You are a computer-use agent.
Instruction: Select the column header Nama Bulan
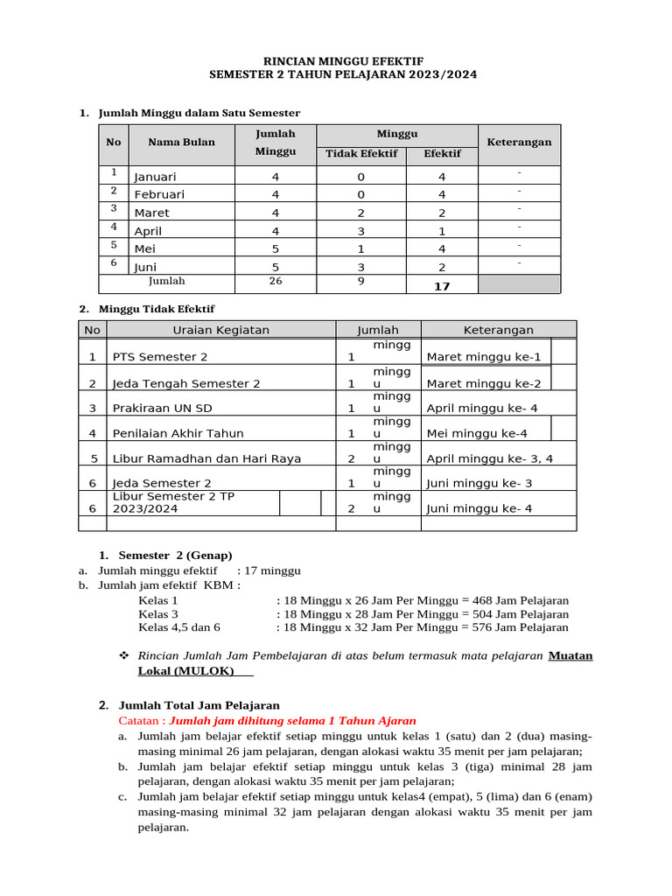pos(181,142)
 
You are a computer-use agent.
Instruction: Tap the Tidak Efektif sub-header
pos(361,153)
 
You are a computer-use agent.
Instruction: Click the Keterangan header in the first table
pos(519,142)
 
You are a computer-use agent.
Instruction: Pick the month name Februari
pos(159,194)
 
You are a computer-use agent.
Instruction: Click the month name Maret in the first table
pos(152,213)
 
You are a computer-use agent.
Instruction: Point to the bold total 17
pos(442,285)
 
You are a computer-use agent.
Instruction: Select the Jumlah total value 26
pos(276,282)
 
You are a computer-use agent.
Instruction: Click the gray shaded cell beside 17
pos(519,283)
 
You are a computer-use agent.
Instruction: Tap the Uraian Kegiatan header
pos(220,330)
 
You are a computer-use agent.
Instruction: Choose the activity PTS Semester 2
pos(160,357)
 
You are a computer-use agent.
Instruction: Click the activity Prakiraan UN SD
pos(162,408)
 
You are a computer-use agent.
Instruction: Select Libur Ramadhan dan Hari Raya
pos(206,458)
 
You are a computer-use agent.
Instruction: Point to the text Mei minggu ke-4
pos(477,433)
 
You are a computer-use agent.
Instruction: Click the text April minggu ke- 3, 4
pos(490,458)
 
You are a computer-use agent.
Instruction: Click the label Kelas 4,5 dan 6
pos(179,626)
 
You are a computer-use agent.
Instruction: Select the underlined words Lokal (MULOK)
pos(186,671)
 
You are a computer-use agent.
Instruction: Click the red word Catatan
pos(140,720)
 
